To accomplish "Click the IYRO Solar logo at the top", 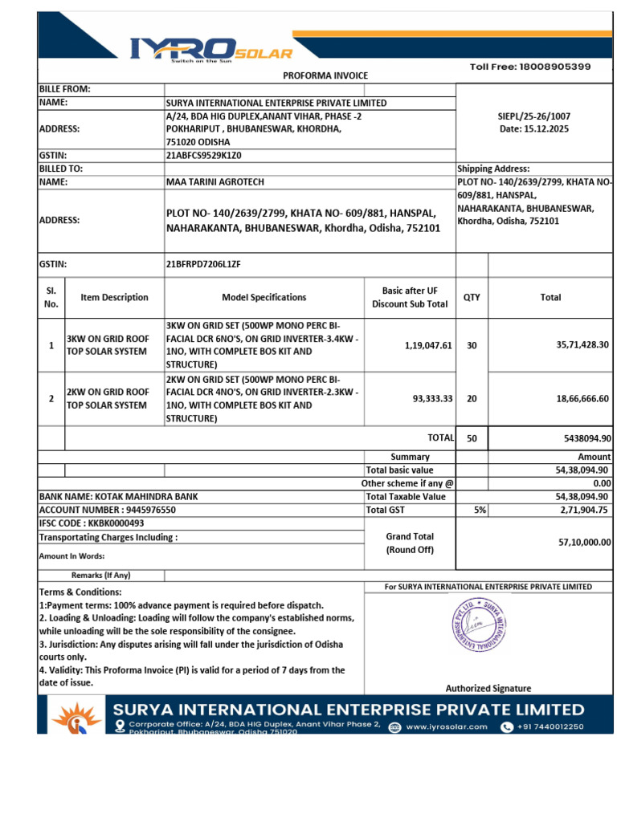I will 211,50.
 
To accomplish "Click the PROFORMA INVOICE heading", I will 325,75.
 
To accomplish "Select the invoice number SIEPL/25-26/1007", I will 534,116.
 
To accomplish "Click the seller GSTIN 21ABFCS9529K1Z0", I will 203,156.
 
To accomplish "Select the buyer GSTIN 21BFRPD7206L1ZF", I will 203,263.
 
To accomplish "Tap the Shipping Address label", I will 493,169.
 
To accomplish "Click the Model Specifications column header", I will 264,297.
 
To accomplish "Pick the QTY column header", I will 472,297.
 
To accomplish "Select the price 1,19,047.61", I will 428,345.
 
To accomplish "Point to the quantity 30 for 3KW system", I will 472,345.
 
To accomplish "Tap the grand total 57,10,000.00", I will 584,542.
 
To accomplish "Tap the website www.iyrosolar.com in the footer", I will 447,726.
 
